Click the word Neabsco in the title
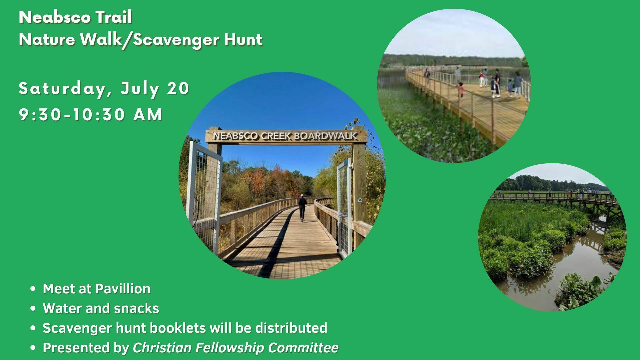coord(52,17)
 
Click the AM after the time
coord(148,115)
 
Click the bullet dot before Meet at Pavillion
coord(33,289)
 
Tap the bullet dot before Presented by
coord(33,348)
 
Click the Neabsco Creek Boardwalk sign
coord(286,136)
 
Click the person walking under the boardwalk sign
coord(302,208)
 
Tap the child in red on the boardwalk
coord(461,89)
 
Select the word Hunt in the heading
coord(243,40)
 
